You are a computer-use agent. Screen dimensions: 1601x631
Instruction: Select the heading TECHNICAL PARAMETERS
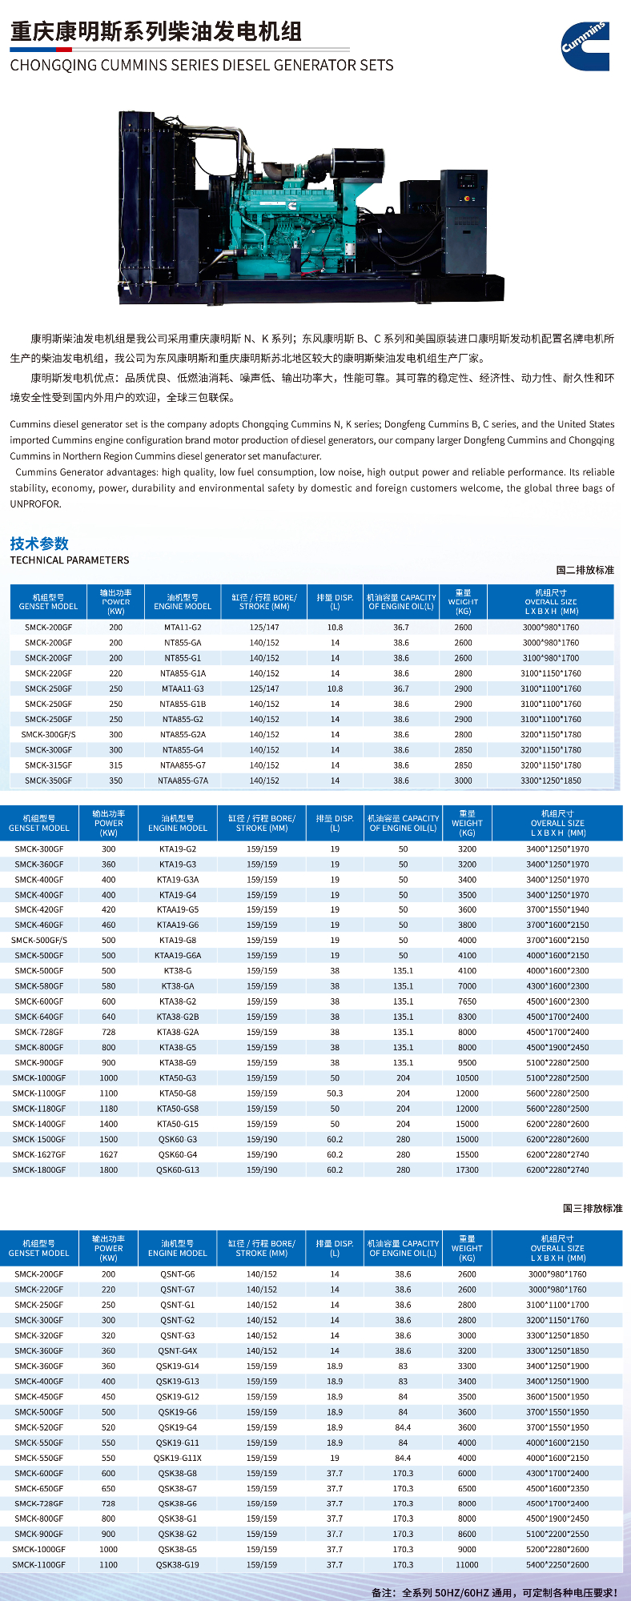[70, 560]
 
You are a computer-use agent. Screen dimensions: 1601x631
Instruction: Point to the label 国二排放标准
[585, 570]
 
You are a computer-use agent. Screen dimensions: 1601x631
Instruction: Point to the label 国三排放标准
[592, 1208]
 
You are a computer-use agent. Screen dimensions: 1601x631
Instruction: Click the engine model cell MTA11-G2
[183, 628]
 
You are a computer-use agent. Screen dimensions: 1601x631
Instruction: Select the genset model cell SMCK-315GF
[48, 765]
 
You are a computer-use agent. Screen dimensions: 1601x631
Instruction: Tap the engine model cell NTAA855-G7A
[183, 780]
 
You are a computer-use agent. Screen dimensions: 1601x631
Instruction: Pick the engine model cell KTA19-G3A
[178, 880]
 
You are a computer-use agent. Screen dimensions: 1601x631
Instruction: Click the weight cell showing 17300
[467, 1170]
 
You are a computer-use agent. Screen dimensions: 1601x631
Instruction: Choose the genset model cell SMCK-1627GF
[39, 1154]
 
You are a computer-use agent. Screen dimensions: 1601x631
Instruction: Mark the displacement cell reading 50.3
[335, 1093]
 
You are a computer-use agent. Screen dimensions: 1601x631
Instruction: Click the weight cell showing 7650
[467, 1001]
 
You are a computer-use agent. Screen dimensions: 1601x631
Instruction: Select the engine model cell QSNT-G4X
[178, 1350]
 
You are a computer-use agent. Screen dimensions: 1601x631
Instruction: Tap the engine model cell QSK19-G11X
[178, 1458]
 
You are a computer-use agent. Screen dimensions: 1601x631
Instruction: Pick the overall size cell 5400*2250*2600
[557, 1564]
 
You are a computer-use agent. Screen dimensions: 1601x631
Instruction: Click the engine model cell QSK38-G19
[178, 1564]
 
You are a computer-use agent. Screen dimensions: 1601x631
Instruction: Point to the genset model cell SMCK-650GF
[39, 1489]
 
